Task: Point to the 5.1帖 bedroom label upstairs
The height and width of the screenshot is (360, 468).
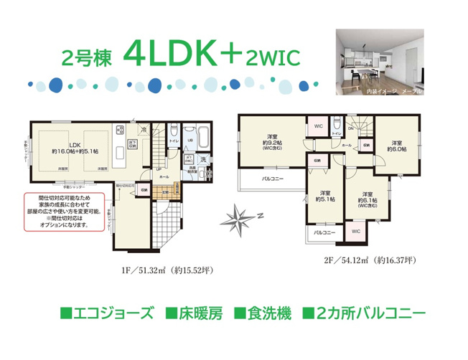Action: pos(325,196)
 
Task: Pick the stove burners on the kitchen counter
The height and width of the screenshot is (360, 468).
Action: pos(119,132)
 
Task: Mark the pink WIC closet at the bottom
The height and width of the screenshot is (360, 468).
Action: pos(355,232)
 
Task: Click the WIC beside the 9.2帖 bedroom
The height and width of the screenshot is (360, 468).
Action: pos(318,127)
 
